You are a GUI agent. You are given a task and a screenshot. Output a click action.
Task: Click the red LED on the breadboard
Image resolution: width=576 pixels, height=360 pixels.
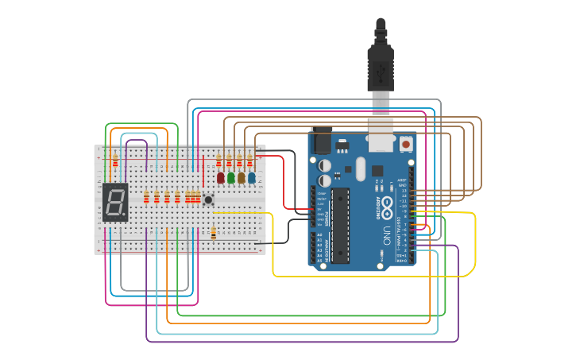[x=220, y=178]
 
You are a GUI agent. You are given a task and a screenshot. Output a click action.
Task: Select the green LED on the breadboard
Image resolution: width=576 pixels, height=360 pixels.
[x=230, y=178]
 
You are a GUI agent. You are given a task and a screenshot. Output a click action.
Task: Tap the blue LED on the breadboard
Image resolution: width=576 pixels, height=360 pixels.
[x=251, y=178]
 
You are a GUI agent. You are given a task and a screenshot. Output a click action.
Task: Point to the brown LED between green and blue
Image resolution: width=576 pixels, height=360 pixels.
[x=241, y=178]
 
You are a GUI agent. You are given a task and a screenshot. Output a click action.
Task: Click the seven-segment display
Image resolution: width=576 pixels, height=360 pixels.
[x=115, y=202]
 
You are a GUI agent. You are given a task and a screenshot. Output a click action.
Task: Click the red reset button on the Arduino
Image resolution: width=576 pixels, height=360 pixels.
[x=406, y=145]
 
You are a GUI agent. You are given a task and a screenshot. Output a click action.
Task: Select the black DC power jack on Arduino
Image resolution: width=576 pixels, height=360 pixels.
[x=321, y=141]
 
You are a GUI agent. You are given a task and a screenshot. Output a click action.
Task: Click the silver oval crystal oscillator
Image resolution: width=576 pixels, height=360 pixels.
[x=360, y=168]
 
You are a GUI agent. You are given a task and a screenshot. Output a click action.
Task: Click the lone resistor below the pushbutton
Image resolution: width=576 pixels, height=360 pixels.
[x=214, y=233]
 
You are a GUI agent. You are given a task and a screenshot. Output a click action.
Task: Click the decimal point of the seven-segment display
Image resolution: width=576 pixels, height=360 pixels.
[x=125, y=215]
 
